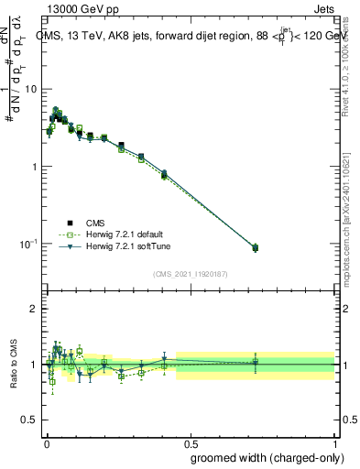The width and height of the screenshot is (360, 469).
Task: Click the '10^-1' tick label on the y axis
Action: click(x=27, y=245)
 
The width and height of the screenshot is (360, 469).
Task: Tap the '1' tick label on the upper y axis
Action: click(x=33, y=167)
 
